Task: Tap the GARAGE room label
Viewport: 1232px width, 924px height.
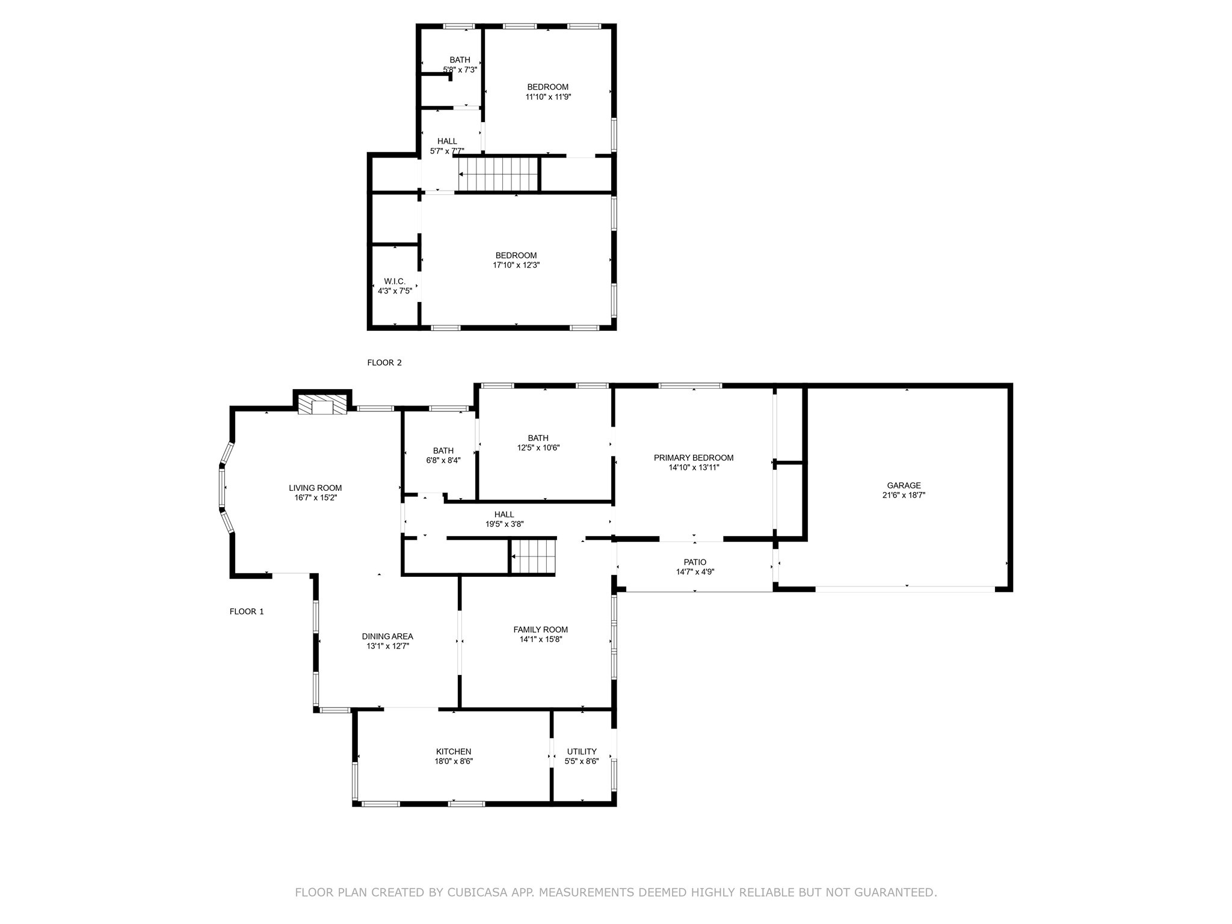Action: click(904, 485)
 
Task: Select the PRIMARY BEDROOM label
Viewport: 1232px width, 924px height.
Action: click(694, 458)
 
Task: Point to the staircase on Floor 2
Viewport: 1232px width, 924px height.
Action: click(498, 174)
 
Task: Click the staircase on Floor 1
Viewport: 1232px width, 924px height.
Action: click(532, 556)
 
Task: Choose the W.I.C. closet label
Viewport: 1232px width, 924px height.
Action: click(395, 282)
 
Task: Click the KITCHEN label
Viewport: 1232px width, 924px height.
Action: click(454, 751)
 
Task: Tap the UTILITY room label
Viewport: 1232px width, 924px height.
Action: click(582, 751)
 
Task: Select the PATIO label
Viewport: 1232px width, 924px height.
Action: click(695, 562)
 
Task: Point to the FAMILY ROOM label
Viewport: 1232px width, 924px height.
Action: click(540, 630)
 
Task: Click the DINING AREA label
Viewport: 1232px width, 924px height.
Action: click(387, 636)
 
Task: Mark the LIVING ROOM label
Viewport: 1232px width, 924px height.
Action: click(315, 488)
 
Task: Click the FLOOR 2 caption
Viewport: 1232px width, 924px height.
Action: click(384, 363)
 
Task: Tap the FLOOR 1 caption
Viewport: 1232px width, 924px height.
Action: click(247, 612)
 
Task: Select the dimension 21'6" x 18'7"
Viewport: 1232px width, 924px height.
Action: click(904, 495)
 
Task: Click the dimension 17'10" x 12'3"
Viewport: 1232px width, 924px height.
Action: click(516, 265)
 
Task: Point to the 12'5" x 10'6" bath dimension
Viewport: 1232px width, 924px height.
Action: click(538, 448)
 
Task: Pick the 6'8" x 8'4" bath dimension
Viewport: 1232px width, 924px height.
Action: click(443, 460)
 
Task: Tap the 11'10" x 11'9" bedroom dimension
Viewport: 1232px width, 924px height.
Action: click(548, 96)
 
